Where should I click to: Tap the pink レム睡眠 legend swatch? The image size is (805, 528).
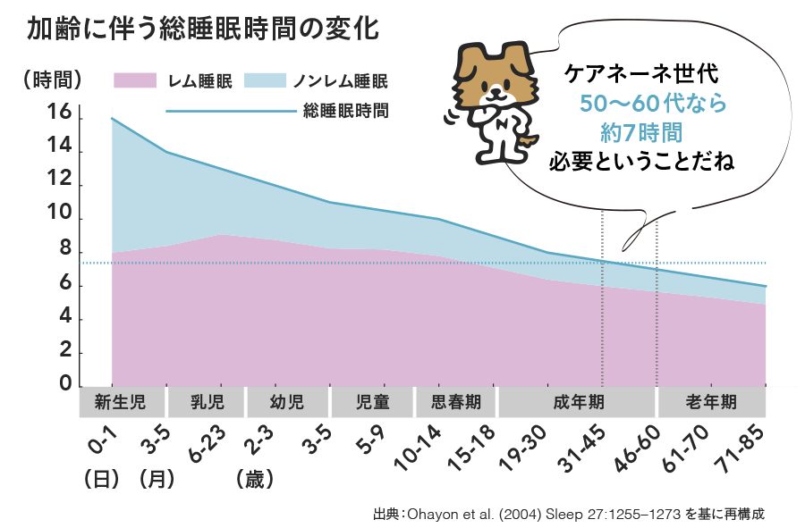pos(135,81)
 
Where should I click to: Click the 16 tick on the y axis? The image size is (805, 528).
pos(60,113)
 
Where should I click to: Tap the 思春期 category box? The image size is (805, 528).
pos(456,403)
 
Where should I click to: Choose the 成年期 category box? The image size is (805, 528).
pos(576,403)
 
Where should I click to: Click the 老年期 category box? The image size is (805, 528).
pos(712,403)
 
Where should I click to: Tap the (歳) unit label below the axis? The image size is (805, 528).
pos(255,479)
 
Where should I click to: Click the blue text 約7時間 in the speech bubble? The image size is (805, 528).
pos(642,133)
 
